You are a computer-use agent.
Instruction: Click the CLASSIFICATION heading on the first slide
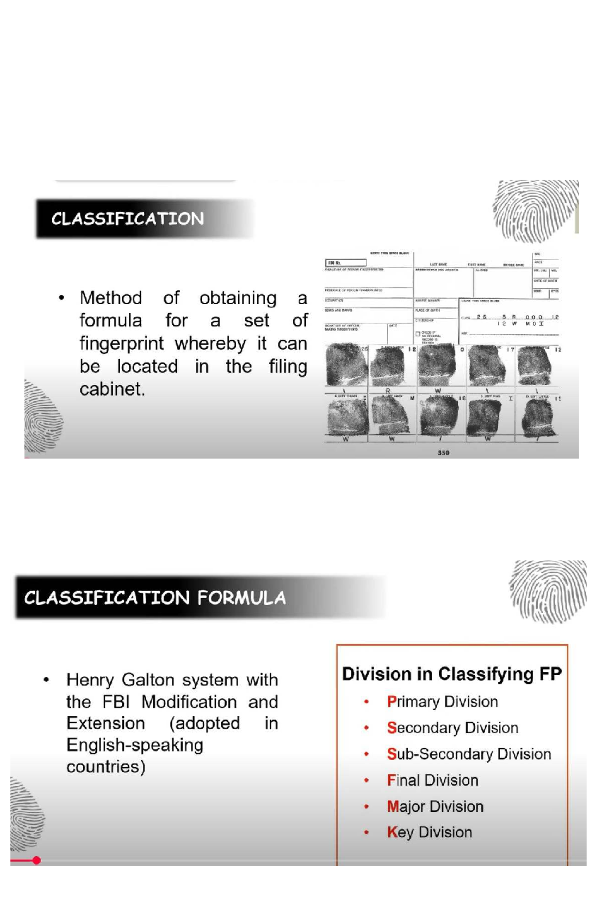(x=127, y=219)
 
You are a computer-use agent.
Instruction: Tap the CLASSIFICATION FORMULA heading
(x=155, y=598)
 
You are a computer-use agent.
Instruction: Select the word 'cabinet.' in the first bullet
(x=112, y=389)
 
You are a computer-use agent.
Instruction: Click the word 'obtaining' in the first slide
(x=238, y=298)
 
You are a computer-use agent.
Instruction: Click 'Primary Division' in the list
(x=442, y=702)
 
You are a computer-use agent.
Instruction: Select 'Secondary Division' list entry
(x=452, y=728)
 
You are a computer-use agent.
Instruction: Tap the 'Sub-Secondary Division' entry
(x=469, y=754)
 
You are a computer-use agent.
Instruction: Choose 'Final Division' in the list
(x=432, y=780)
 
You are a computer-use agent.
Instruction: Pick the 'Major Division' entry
(x=435, y=806)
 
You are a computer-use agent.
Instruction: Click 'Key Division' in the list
(x=429, y=832)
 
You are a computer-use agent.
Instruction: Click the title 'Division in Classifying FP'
(x=452, y=674)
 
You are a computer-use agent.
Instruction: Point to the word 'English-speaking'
(x=135, y=745)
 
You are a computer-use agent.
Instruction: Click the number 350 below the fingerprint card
(x=443, y=453)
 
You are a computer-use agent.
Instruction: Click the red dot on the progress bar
(x=36, y=860)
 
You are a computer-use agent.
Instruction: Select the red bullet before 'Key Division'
(x=367, y=832)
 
